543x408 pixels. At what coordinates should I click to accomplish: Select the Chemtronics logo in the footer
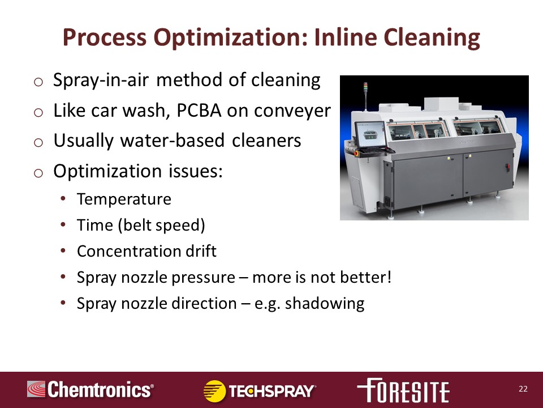[90, 389]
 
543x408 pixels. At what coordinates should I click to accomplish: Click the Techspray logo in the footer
[260, 391]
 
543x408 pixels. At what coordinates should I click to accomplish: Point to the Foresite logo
[403, 390]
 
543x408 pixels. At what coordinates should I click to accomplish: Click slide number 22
[523, 389]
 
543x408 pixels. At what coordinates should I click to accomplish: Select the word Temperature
[124, 199]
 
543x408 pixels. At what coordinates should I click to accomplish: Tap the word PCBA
[199, 110]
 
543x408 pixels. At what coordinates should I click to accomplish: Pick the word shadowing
[325, 304]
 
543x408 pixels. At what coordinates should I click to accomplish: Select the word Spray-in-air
[101, 80]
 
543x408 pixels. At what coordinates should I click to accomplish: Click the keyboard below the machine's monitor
[374, 150]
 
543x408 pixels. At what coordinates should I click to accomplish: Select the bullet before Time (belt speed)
[63, 225]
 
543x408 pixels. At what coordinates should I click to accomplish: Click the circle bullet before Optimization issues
[38, 173]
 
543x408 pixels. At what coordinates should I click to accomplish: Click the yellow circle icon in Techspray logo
[214, 391]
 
